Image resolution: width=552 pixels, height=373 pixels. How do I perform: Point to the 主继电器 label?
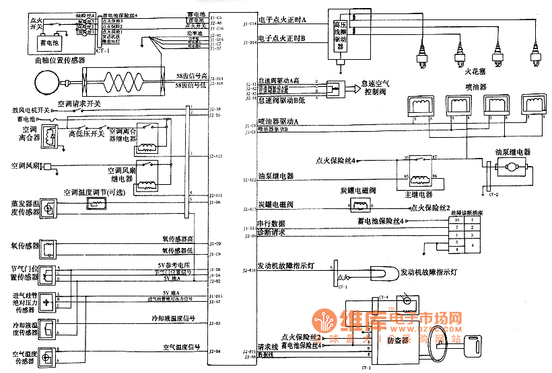click(421, 194)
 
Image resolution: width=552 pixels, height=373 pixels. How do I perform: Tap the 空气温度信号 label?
click(182, 347)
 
